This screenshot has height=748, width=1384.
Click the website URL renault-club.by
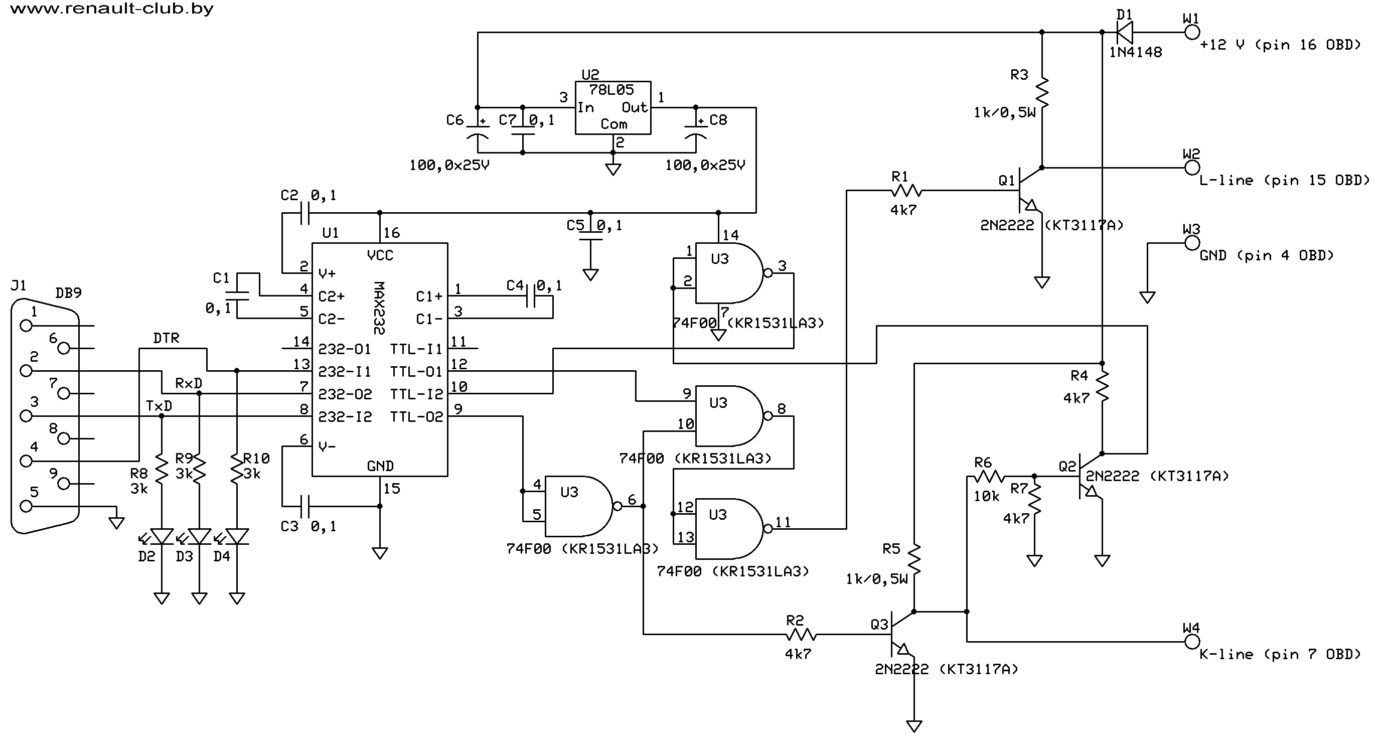tap(111, 9)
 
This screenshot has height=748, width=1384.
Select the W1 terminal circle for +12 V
tap(1192, 33)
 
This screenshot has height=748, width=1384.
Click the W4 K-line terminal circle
tap(1192, 642)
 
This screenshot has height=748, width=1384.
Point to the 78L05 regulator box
tap(612, 107)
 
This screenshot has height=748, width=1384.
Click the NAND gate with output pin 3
tap(728, 273)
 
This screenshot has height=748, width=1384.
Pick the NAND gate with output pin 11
tap(728, 529)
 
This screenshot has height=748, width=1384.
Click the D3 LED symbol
tap(199, 536)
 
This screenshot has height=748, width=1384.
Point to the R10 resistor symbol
tap(237, 470)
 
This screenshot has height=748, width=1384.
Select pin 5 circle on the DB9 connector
tap(25, 506)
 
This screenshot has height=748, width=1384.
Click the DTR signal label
tap(166, 338)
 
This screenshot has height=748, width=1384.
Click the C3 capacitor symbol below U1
tap(304, 506)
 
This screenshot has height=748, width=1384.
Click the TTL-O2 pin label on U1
tap(416, 416)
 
